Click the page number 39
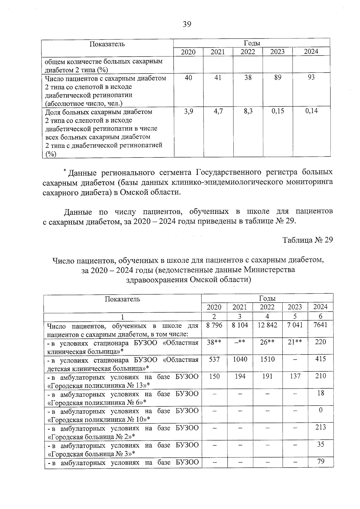click(x=187, y=24)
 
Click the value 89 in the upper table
click(x=278, y=77)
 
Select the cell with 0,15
click(x=278, y=111)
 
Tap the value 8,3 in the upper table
click(x=248, y=111)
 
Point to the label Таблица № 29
click(x=308, y=240)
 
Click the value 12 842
click(x=267, y=325)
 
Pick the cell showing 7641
click(x=320, y=325)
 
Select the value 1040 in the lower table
click(x=240, y=359)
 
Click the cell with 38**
click(x=214, y=342)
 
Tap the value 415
click(x=320, y=359)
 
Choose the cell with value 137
click(x=295, y=376)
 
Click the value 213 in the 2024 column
click(x=320, y=427)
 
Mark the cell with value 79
click(x=321, y=461)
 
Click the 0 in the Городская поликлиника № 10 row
click(x=321, y=410)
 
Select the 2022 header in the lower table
click(x=267, y=307)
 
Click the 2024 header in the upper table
click(x=311, y=51)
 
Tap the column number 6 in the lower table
click(x=320, y=316)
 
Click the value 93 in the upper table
click(x=311, y=77)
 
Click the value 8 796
click(x=214, y=325)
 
